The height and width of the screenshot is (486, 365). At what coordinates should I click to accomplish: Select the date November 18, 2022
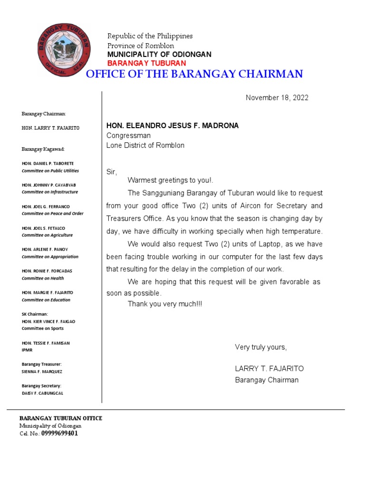[x=277, y=98]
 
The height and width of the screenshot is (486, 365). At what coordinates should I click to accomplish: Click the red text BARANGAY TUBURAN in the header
[x=146, y=63]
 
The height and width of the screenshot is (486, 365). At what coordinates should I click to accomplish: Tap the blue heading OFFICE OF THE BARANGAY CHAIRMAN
[x=194, y=74]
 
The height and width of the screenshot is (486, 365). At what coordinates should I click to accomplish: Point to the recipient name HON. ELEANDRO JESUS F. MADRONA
[x=172, y=126]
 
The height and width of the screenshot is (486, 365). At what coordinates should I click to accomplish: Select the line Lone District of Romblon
[x=145, y=146]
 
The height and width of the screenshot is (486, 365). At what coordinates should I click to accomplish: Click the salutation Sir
[x=111, y=172]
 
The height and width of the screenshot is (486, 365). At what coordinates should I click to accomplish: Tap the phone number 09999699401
[x=59, y=433]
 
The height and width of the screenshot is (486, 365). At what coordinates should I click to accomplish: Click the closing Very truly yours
[x=261, y=347]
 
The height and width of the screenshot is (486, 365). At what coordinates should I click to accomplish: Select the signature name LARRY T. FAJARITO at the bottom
[x=269, y=369]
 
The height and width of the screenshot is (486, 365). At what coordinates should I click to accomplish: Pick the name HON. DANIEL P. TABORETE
[x=48, y=163]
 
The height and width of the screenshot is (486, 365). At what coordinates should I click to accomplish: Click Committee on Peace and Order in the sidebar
[x=52, y=214]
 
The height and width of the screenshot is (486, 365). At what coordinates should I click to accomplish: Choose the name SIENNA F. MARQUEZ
[x=42, y=372]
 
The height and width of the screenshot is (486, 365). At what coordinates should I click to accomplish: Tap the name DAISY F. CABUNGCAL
[x=42, y=393]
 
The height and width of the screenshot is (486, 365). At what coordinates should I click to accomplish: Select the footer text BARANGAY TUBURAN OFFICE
[x=60, y=418]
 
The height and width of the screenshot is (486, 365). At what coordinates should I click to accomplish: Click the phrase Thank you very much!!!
[x=164, y=304]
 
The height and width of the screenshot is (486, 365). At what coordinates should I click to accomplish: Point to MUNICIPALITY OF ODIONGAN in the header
[x=159, y=55]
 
